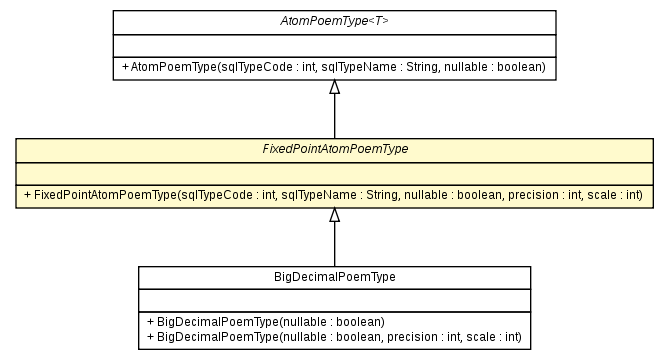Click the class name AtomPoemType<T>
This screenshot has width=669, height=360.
(334, 21)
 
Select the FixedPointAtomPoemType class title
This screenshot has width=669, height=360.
(334, 149)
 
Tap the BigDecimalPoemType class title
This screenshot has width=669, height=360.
(334, 277)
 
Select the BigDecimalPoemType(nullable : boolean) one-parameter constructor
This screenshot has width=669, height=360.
(265, 322)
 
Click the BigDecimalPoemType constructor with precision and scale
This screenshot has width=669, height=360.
(334, 337)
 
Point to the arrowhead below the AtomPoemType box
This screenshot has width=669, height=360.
(334, 87)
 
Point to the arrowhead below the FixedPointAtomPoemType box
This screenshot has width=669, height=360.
(334, 215)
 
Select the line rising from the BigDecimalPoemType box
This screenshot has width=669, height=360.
(334, 244)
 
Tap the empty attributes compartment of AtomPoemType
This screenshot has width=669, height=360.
(334, 44)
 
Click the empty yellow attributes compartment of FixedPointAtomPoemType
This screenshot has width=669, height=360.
(334, 172)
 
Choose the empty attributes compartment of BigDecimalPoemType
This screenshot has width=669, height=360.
(334, 300)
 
